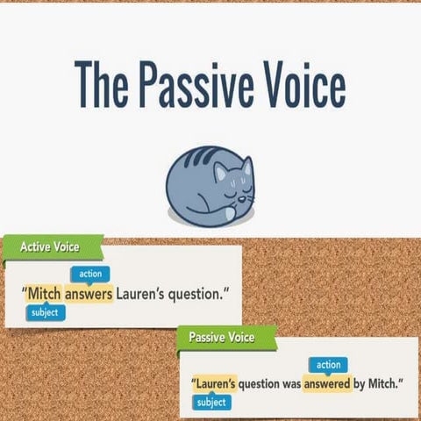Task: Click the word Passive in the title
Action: coord(191,84)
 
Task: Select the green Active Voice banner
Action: coord(49,247)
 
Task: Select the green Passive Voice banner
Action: coord(221,336)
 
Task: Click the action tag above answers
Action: coord(90,275)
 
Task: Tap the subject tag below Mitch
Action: coord(45,312)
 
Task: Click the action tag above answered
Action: coord(328,364)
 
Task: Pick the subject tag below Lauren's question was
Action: coord(211,403)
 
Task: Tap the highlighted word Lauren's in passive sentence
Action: coord(216,383)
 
